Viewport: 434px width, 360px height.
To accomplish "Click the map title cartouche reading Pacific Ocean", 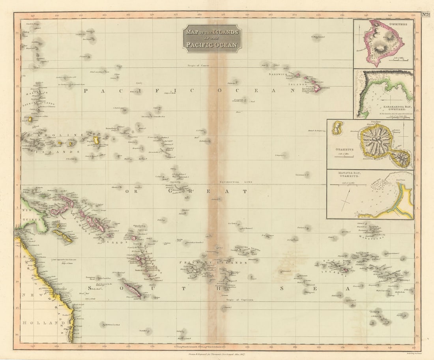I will tap(212, 38).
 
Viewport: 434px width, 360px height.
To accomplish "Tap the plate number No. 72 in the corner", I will tap(426, 15).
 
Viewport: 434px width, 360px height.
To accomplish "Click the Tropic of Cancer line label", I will tap(199, 65).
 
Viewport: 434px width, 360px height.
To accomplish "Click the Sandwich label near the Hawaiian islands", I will tap(279, 74).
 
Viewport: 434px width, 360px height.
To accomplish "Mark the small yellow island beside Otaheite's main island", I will tap(337, 128).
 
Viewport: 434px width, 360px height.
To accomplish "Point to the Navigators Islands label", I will tap(247, 249).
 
